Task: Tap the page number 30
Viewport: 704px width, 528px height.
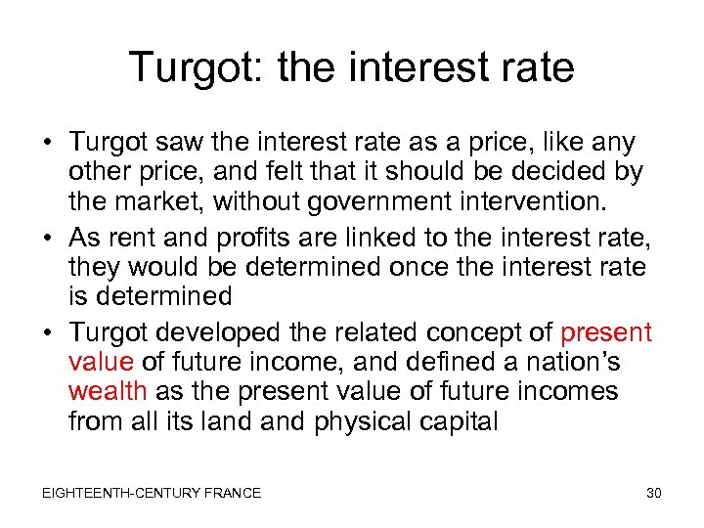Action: pos(654,493)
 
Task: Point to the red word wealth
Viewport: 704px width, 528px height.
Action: pos(108,392)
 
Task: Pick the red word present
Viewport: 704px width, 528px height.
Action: pos(607,332)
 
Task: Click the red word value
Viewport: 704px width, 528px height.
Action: pos(102,363)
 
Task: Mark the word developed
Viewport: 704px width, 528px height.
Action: pos(225,332)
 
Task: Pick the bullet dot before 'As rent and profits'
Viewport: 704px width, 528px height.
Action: pos(48,236)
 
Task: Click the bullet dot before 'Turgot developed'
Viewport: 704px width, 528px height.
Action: pos(48,333)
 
